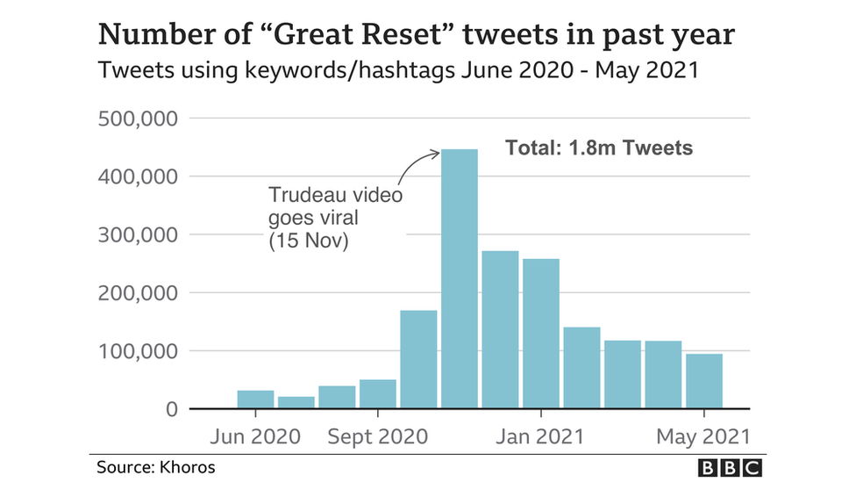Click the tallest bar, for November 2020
tap(460, 279)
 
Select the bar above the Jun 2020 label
tap(255, 399)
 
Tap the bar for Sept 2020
tap(378, 394)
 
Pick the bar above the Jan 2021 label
tap(541, 334)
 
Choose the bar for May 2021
tap(704, 381)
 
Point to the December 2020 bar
tap(500, 329)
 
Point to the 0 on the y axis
tap(171, 410)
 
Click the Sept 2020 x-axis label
tap(378, 436)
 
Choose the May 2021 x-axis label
tap(704, 436)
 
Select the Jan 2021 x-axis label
tap(541, 436)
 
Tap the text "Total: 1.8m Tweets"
tap(599, 147)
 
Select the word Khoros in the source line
tap(187, 467)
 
